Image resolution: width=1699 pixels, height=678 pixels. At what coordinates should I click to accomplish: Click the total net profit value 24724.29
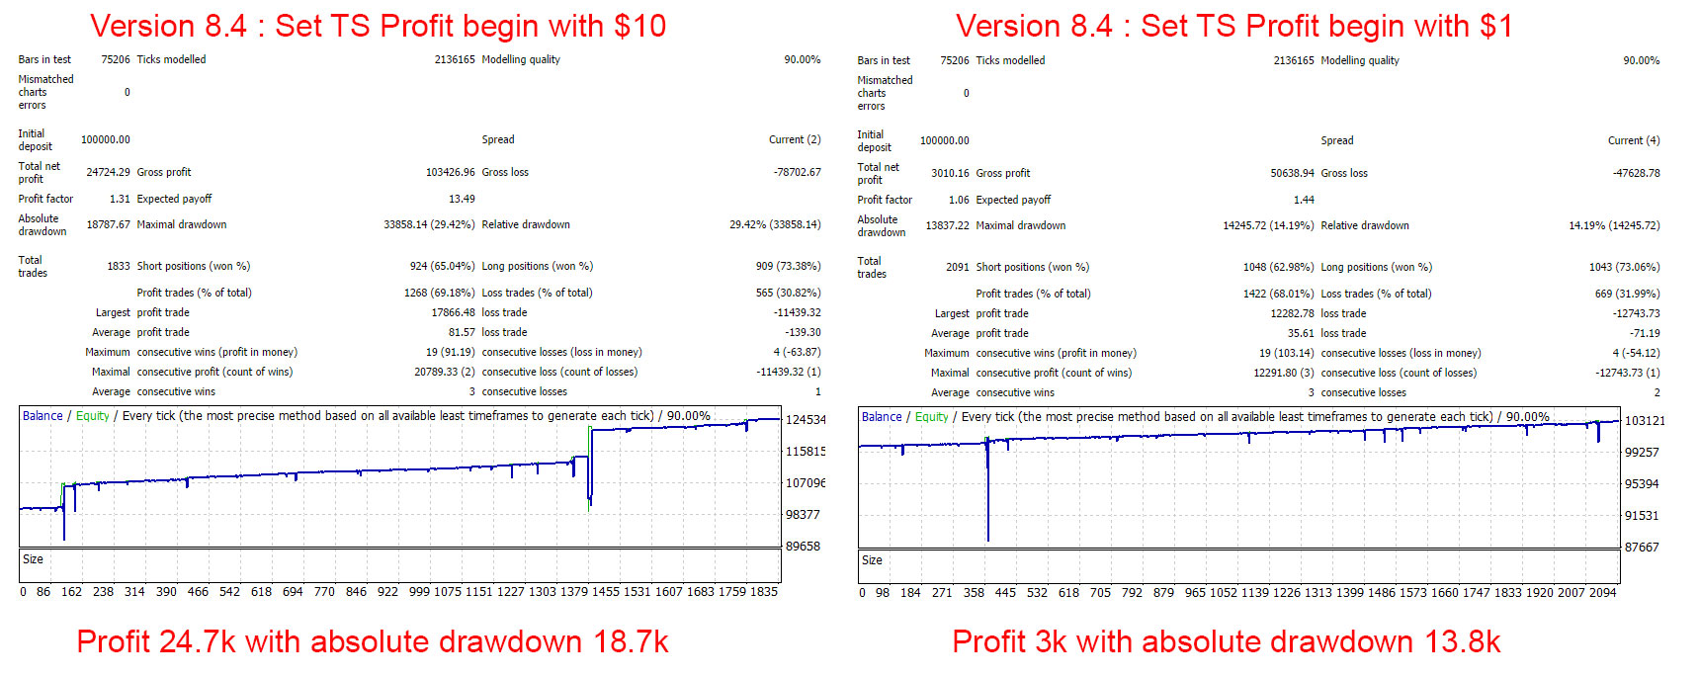108,172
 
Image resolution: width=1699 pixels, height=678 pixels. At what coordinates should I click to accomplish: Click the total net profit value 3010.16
950,173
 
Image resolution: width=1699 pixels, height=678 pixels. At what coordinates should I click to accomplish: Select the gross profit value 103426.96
450,172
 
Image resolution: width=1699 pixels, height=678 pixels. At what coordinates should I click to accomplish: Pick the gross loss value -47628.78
1636,173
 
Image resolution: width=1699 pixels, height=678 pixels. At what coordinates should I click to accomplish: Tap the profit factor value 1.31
120,199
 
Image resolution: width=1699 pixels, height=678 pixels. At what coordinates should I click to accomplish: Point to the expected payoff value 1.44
1304,200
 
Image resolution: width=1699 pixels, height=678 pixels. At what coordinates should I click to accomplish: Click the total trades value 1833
118,266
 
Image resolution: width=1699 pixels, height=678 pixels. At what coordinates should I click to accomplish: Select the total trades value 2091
957,267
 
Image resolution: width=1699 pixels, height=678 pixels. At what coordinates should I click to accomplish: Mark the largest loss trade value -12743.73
1636,313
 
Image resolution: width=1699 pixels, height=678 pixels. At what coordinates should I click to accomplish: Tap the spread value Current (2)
795,139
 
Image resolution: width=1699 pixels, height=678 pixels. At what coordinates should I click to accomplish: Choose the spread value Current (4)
1634,140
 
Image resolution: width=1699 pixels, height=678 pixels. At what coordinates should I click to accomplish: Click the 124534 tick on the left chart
805,420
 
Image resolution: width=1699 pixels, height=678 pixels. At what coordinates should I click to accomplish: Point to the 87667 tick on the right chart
1642,547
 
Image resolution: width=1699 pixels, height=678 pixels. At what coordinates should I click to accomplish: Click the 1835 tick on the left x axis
764,592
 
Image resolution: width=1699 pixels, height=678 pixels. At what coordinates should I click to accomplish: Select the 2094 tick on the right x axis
1602,593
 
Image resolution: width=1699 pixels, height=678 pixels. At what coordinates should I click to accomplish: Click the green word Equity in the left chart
93,416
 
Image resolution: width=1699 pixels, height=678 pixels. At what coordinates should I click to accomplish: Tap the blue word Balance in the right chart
882,417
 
